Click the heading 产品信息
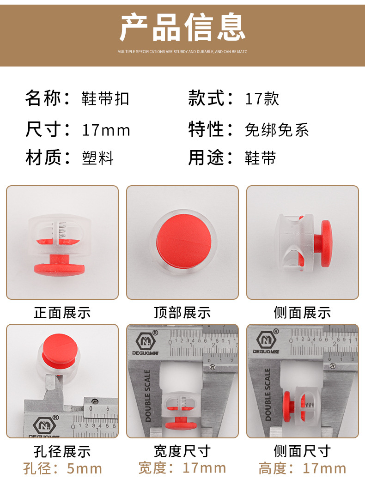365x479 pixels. coord(182,28)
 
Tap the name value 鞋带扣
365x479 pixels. coord(105,99)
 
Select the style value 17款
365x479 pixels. coord(262,99)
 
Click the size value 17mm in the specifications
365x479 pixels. coord(106,130)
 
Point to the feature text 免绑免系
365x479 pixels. coord(277,130)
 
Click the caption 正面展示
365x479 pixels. coord(62,313)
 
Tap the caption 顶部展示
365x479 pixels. coord(182,313)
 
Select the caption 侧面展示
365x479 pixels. coord(303,313)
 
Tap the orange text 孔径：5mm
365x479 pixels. coord(62,468)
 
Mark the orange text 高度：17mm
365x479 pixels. coord(303,468)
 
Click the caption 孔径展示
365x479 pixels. coord(62,451)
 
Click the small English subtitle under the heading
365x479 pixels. coord(182,52)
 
